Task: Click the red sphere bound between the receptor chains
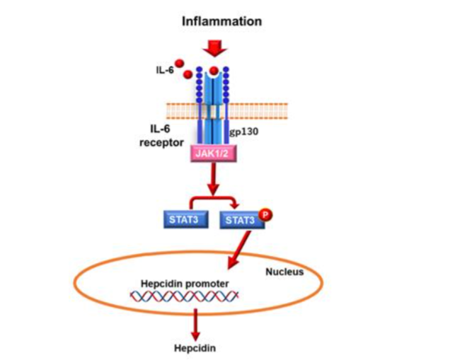(214, 71)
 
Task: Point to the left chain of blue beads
(200, 83)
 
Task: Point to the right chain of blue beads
(227, 83)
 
